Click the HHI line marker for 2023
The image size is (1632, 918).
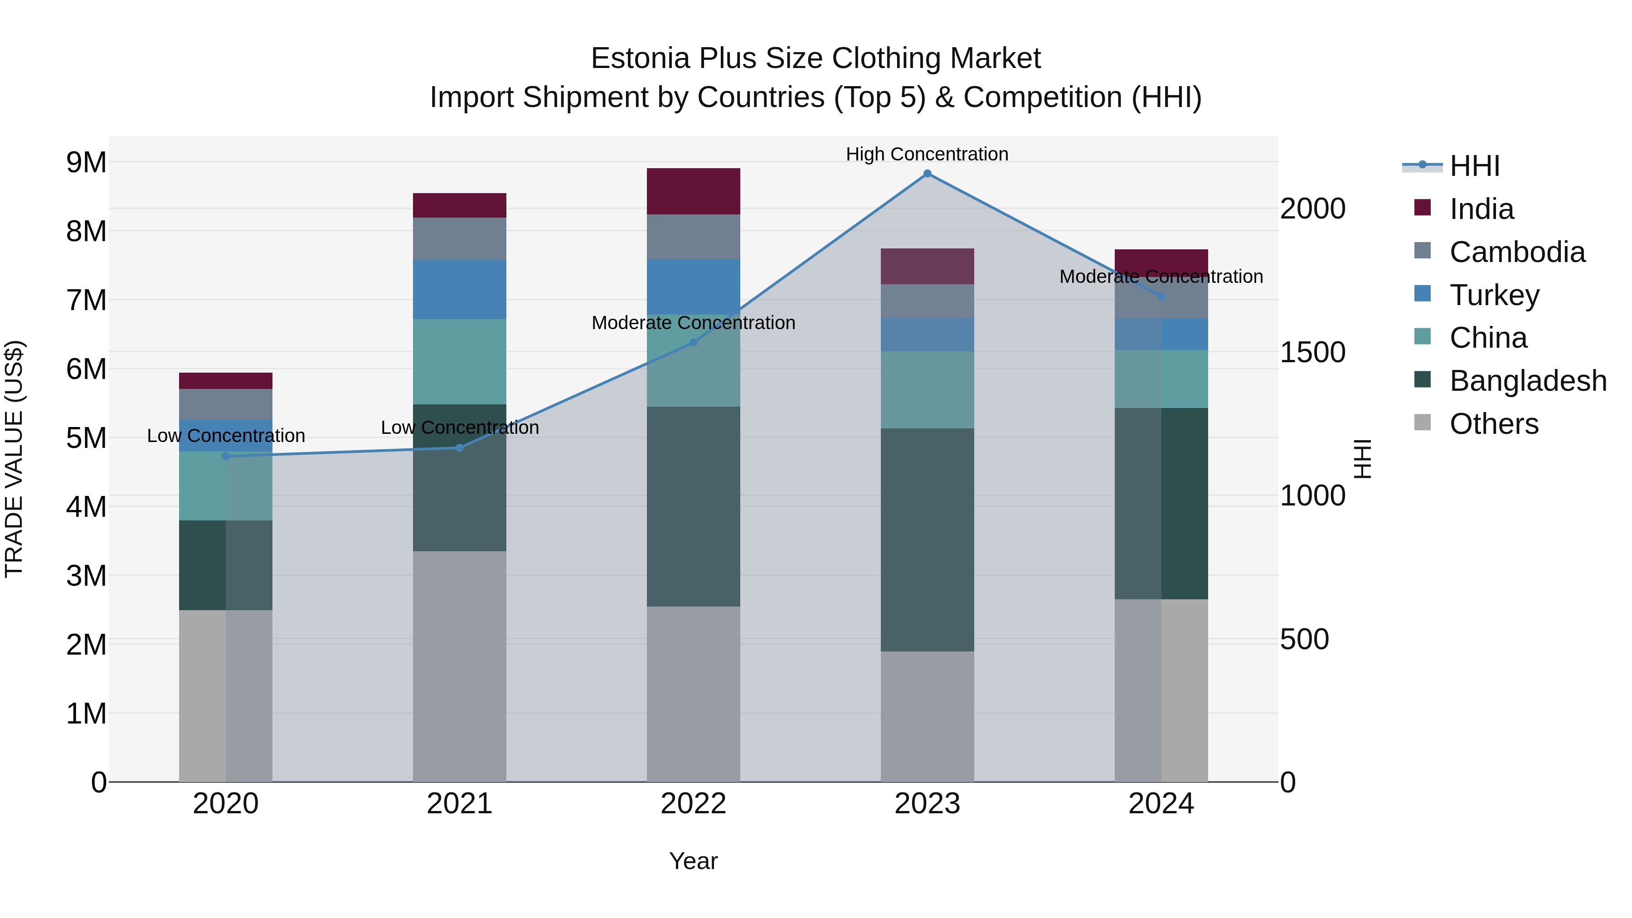coord(927,174)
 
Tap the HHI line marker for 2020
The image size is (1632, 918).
coord(226,456)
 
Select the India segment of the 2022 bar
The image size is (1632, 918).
coord(693,191)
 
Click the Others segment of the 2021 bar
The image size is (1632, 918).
coord(459,665)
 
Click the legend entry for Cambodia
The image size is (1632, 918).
coord(1517,252)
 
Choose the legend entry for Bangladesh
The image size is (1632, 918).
coord(1527,381)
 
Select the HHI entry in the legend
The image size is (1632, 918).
coord(1474,166)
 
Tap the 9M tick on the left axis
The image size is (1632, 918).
coord(87,163)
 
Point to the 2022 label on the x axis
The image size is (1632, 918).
coord(693,804)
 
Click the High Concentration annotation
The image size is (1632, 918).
coord(927,154)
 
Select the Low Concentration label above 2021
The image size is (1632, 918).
coord(459,427)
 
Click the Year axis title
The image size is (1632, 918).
coord(693,861)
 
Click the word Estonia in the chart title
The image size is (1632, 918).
coord(640,58)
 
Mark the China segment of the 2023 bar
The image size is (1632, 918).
coord(927,389)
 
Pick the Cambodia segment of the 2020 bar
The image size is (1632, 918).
coord(226,404)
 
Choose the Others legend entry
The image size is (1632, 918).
coord(1493,424)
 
